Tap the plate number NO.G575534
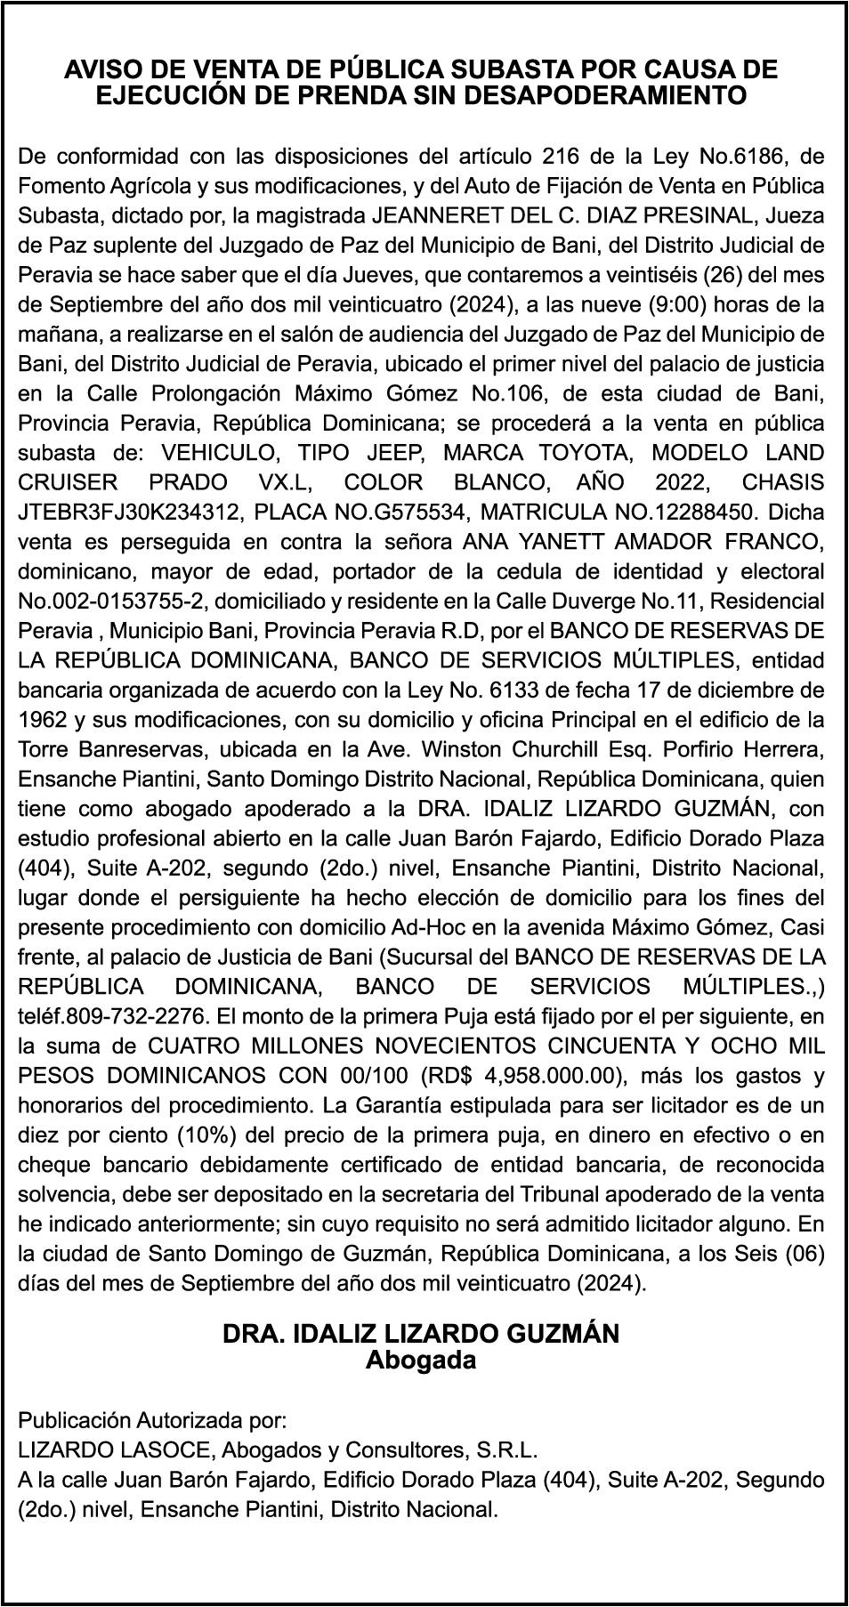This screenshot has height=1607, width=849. tap(367, 513)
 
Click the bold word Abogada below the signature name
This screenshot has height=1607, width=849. tap(421, 1361)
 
